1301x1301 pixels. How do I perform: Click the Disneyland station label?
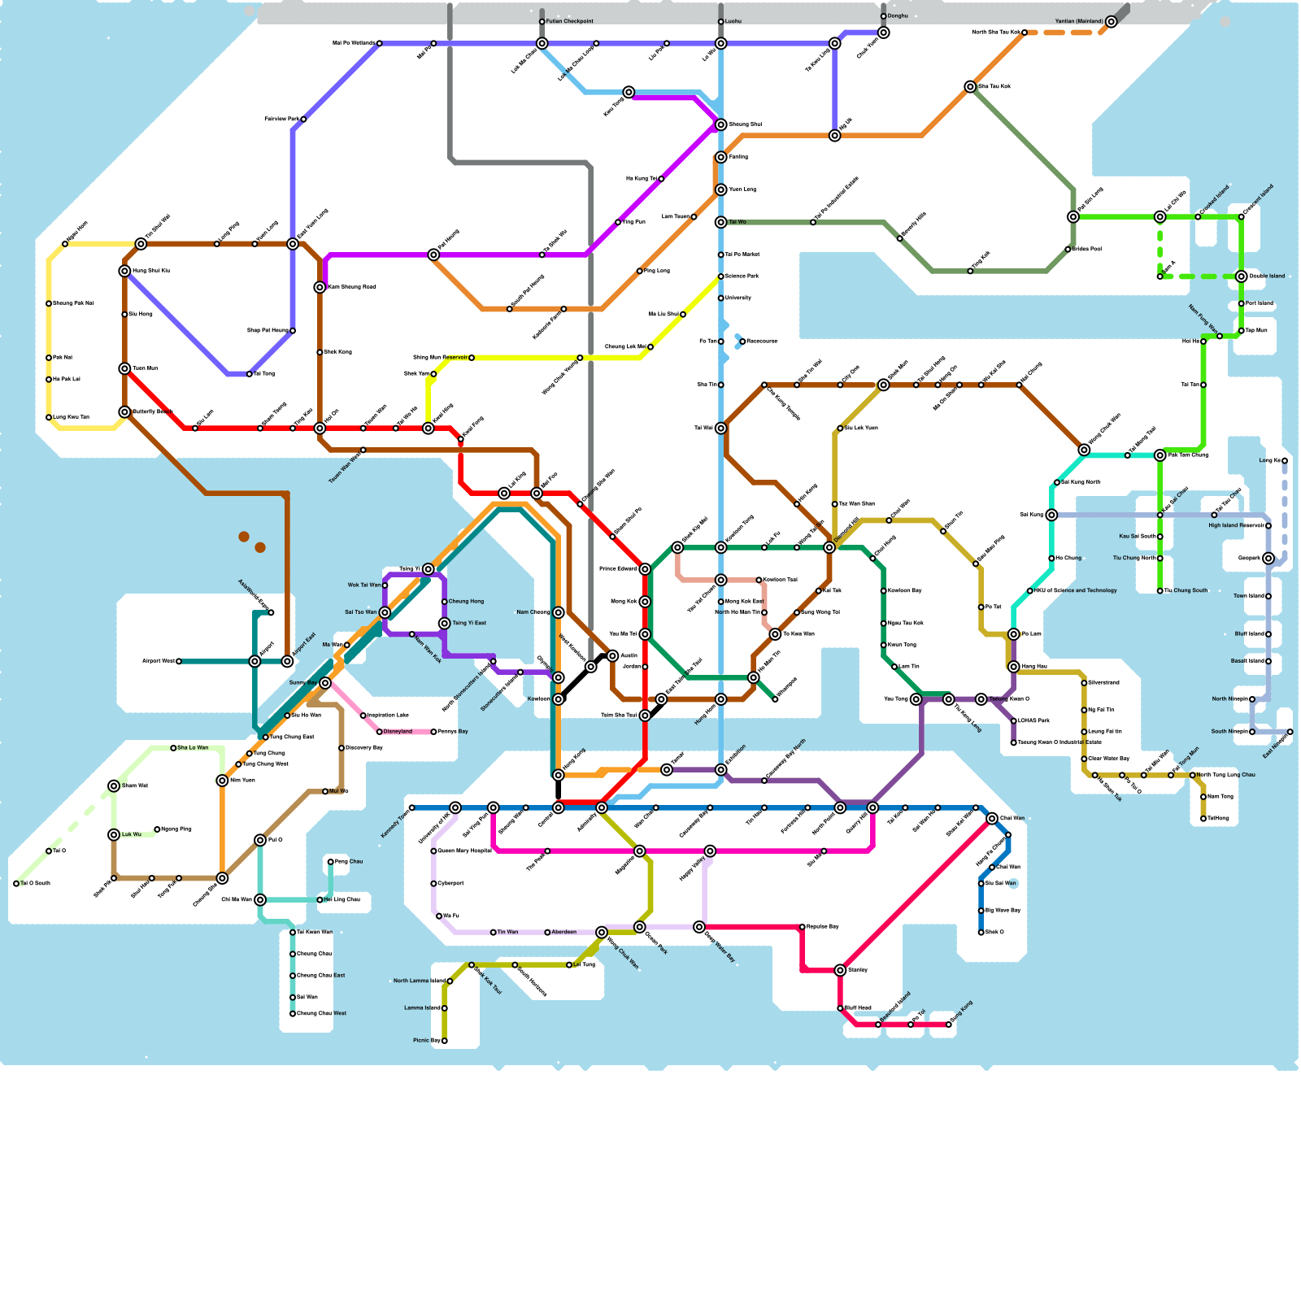[398, 732]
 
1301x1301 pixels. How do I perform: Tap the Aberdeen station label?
[564, 932]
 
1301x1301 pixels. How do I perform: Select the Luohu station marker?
[720, 22]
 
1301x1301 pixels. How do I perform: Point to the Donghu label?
[898, 16]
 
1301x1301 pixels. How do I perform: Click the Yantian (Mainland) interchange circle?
[1111, 22]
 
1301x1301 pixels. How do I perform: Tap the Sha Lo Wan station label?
[193, 748]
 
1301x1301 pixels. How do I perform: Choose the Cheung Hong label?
[466, 602]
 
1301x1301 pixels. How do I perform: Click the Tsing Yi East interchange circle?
[444, 624]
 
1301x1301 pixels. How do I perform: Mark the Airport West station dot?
[179, 662]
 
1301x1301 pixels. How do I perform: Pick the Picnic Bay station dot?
[444, 1041]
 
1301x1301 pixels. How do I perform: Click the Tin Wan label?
[507, 932]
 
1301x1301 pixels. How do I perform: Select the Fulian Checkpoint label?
[569, 22]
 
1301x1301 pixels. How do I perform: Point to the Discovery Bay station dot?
[342, 748]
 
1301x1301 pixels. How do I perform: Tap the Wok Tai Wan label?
[363, 585]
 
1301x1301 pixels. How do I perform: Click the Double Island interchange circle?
[1241, 276]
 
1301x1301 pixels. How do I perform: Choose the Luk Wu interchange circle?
[114, 835]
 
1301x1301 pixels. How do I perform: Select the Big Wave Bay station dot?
[981, 911]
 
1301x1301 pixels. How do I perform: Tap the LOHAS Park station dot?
[1013, 721]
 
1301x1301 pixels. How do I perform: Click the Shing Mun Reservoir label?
[440, 358]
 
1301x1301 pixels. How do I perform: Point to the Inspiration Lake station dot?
[363, 716]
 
